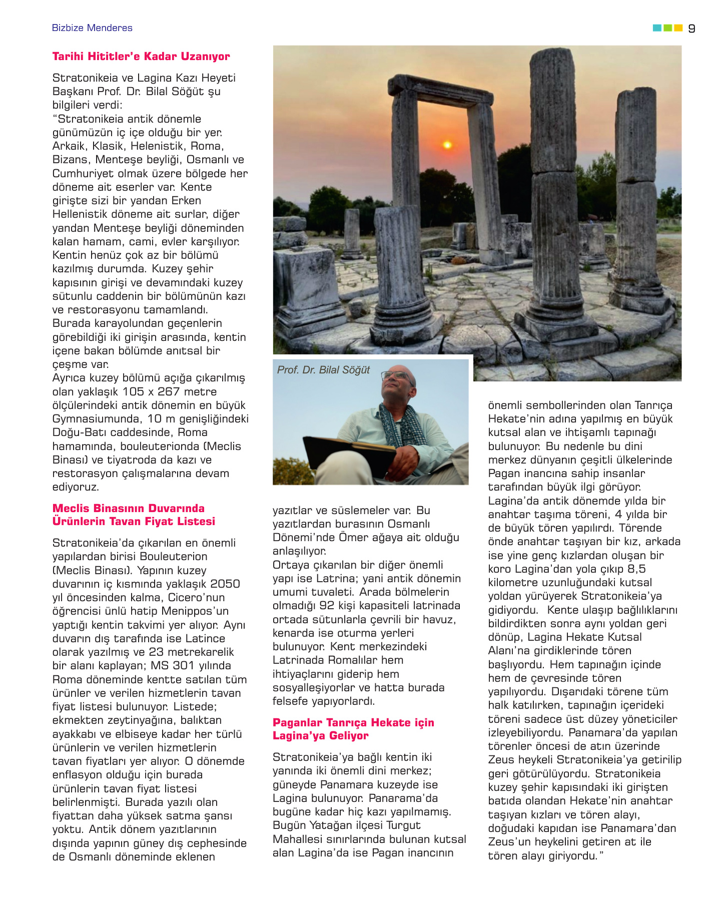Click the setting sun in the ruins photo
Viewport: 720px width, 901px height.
click(447, 145)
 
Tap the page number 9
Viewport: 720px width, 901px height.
click(691, 29)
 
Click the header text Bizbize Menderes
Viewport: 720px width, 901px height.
click(92, 28)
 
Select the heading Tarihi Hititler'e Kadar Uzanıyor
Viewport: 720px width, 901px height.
click(141, 57)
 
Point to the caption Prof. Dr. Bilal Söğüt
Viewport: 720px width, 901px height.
click(323, 370)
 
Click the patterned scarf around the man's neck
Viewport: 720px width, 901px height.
click(400, 425)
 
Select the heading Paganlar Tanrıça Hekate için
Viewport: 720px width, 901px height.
click(353, 723)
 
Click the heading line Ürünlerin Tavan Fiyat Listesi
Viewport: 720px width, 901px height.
click(134, 522)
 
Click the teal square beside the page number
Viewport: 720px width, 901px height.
click(657, 28)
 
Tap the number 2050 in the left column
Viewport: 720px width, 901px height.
click(225, 584)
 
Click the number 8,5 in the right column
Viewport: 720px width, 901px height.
click(636, 569)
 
